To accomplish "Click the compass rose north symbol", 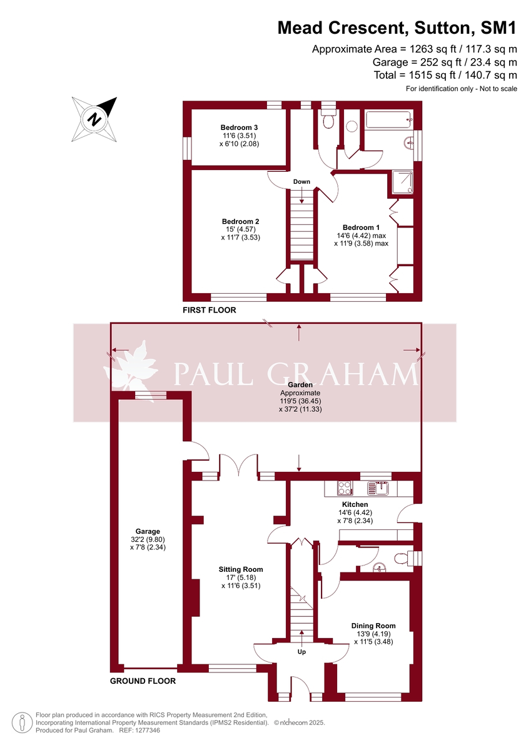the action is tap(94, 119).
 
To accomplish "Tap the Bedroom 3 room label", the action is tap(239, 127).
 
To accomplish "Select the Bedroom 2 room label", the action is tap(241, 221).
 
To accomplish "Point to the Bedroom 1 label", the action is tap(361, 227).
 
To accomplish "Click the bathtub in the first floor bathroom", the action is tap(388, 119).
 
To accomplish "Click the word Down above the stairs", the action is tap(301, 182).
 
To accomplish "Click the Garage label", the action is tap(148, 531).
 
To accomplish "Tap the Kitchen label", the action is tap(355, 504).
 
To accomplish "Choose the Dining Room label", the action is tap(373, 626).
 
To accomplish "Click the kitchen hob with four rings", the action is tap(345, 488).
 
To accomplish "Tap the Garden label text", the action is tap(300, 385).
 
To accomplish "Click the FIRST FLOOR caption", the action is tap(210, 310).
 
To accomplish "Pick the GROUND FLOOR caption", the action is tap(143, 681).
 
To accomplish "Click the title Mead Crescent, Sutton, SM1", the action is tap(397, 27).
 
